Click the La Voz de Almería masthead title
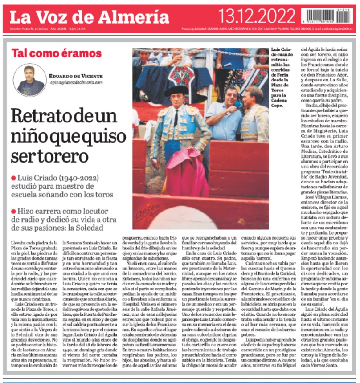(x=89, y=17)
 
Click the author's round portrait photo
(x=29, y=80)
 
